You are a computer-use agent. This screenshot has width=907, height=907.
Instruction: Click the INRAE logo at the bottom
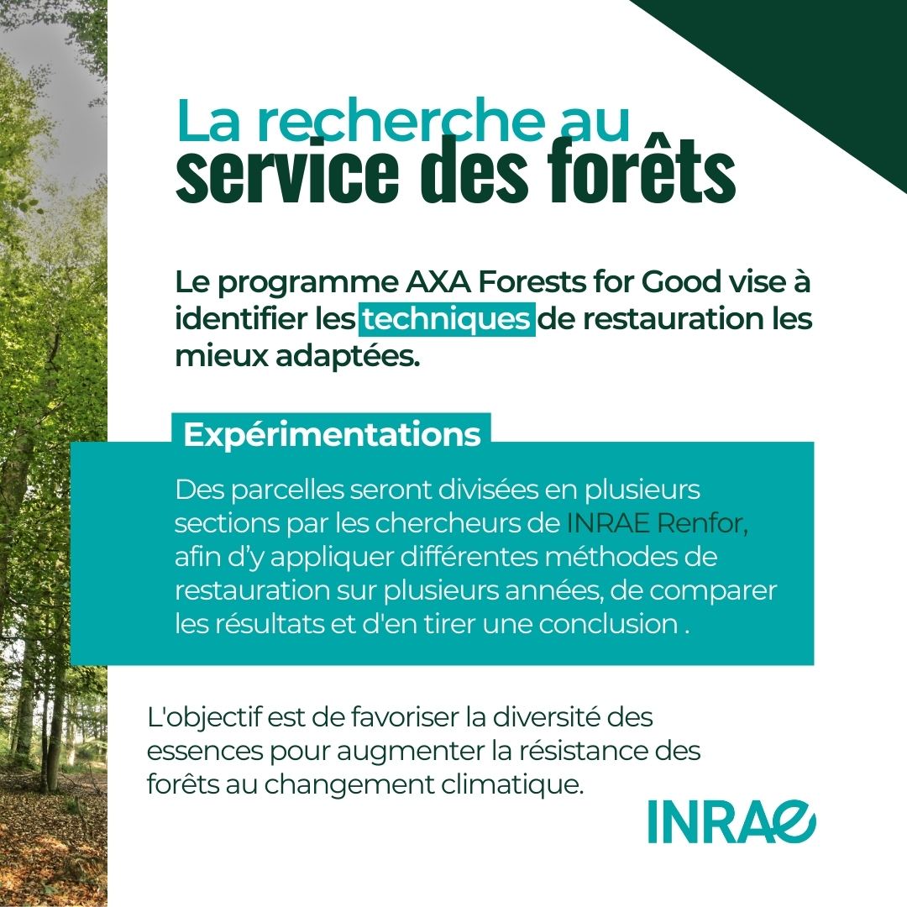pos(731,821)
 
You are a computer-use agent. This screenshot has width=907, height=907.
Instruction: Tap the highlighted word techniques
pos(447,319)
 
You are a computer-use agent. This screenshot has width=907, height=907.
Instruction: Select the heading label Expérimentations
pos(332,434)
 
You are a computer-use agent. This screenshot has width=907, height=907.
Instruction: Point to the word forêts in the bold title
pos(642,171)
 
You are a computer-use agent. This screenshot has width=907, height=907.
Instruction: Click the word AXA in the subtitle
pos(438,281)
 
